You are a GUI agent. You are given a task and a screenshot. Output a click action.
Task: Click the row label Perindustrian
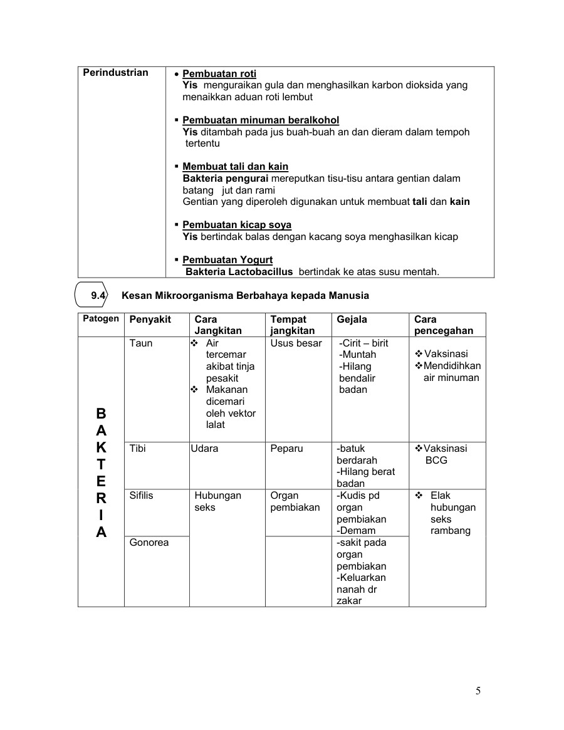tap(116, 73)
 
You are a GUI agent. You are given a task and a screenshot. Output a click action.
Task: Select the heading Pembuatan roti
tap(219, 74)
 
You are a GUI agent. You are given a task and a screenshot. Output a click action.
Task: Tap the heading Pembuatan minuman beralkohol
tap(261, 120)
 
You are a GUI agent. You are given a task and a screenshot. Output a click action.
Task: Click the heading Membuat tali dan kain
tap(235, 167)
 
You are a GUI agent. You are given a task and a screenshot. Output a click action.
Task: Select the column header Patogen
tap(100, 319)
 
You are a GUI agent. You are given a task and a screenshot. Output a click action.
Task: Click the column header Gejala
tap(352, 320)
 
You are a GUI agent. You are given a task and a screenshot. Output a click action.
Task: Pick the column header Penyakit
tap(150, 320)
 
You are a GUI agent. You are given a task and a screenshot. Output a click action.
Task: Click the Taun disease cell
tap(141, 343)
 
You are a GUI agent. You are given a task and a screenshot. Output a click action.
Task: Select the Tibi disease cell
tap(138, 449)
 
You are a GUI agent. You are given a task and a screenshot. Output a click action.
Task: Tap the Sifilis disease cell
tap(141, 496)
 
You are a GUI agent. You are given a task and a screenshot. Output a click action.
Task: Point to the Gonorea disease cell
tap(149, 543)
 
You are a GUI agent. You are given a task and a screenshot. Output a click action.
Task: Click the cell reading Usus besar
tap(296, 343)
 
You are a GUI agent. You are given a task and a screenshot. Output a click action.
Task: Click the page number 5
tap(478, 692)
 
